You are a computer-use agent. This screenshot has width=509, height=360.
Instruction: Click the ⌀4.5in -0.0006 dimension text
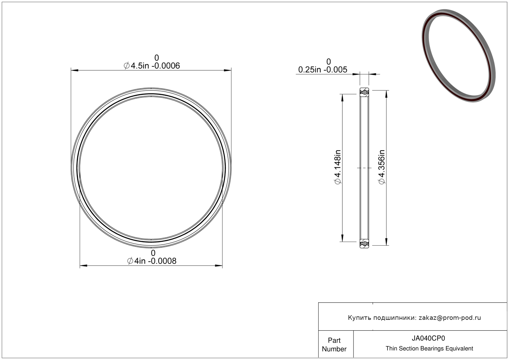[152, 66]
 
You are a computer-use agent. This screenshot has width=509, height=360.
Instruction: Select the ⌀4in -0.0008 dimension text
[152, 261]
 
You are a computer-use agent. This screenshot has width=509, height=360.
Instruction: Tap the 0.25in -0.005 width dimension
[323, 70]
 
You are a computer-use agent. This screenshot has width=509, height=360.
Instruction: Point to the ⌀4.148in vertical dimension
[338, 167]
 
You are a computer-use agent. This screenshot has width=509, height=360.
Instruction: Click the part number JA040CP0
[428, 338]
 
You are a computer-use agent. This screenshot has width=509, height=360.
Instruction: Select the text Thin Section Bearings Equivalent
[429, 349]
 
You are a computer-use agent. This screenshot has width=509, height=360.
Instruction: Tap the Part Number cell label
[334, 345]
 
